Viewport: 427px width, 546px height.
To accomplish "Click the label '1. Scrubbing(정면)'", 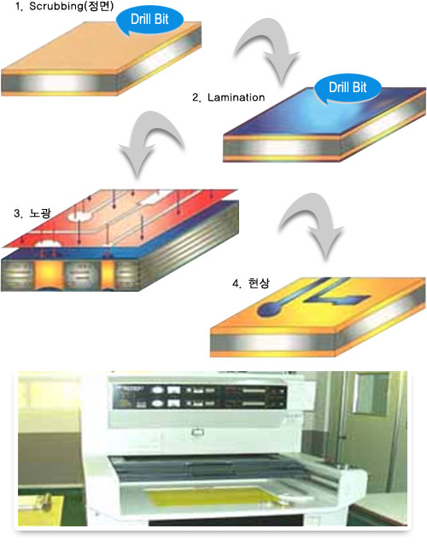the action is pos(64,7).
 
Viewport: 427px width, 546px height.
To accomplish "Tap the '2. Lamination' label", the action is pos(228,97).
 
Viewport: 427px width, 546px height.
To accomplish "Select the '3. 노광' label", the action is pos(32,212).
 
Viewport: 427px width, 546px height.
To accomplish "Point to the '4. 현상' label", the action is pos(250,283).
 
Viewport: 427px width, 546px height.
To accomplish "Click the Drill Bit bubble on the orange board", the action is pos(149,20).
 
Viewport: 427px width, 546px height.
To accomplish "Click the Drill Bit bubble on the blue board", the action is pos(348,88).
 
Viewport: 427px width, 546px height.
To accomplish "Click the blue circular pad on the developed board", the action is pos(267,308).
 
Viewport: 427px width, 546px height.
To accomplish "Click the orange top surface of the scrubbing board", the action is pos(101,47).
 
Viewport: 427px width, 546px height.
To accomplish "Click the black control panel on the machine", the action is pos(199,397).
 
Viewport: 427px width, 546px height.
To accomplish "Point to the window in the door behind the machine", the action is pos(371,392).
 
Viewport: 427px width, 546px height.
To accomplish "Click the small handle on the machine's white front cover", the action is pos(197,433).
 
